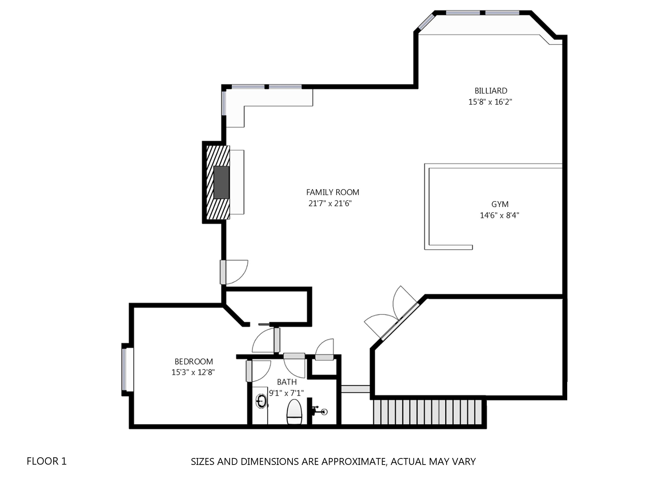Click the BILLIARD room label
pyautogui.click(x=491, y=91)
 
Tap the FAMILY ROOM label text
pyautogui.click(x=333, y=192)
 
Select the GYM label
pyautogui.click(x=500, y=204)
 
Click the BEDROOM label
pyautogui.click(x=194, y=362)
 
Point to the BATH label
pyautogui.click(x=287, y=382)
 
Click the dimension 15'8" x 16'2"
pyautogui.click(x=490, y=102)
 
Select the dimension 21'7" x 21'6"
pyautogui.click(x=330, y=204)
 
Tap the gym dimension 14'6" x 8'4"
pyautogui.click(x=500, y=215)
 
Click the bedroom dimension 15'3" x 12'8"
pyautogui.click(x=193, y=372)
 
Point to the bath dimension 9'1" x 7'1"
pyautogui.click(x=286, y=393)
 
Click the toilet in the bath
pyautogui.click(x=295, y=412)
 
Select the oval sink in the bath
pyautogui.click(x=261, y=401)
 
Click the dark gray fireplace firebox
pyautogui.click(x=221, y=182)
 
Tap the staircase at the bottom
pyautogui.click(x=428, y=412)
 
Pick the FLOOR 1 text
pyautogui.click(x=47, y=461)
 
